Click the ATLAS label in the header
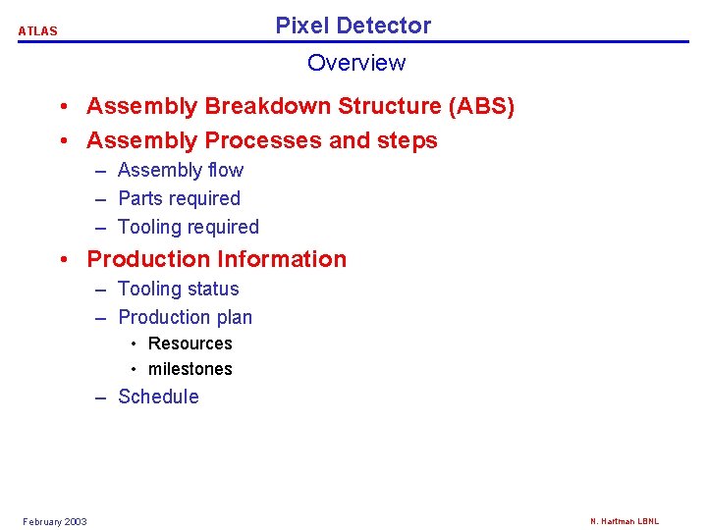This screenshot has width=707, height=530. click(x=38, y=31)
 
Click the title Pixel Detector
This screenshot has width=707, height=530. click(x=353, y=26)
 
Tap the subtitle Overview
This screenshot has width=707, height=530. click(x=355, y=63)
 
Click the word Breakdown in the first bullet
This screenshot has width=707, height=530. click(x=258, y=106)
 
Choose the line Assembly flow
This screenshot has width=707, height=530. click(x=181, y=171)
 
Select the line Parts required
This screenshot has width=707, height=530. click(x=179, y=198)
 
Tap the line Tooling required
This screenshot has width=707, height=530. click(x=189, y=227)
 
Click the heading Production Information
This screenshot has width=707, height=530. click(x=217, y=259)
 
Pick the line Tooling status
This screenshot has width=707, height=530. click(x=179, y=289)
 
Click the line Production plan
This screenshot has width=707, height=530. click(x=186, y=317)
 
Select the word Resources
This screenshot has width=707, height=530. click(x=190, y=344)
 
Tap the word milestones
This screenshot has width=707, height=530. click(x=190, y=369)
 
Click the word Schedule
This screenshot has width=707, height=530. click(x=158, y=397)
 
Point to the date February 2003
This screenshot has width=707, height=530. click(x=55, y=521)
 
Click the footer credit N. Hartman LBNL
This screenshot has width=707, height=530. click(x=625, y=521)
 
